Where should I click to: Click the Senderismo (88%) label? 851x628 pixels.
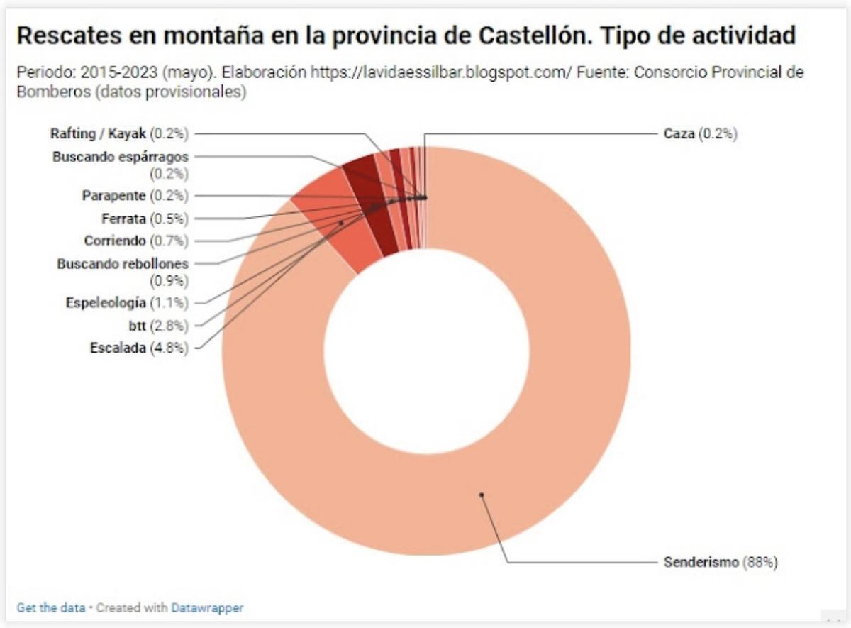click(x=721, y=563)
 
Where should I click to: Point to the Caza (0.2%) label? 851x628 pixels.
click(x=700, y=133)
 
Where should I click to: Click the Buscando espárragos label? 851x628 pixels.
click(x=121, y=158)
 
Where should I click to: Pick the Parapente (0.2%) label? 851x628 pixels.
click(x=135, y=195)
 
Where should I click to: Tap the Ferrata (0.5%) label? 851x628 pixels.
click(x=145, y=218)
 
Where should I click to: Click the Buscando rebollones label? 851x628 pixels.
click(x=123, y=264)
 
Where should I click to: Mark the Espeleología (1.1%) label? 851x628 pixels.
click(x=127, y=303)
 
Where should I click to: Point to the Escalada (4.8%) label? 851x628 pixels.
click(x=139, y=348)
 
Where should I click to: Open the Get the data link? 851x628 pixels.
click(x=50, y=608)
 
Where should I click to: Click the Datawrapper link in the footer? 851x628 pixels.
click(x=207, y=608)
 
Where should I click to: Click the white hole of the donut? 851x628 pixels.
click(x=426, y=351)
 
